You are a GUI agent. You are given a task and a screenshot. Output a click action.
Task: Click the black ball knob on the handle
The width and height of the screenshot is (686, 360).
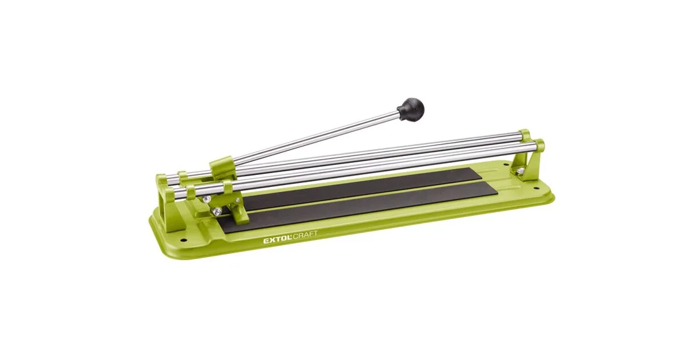tap(411, 109)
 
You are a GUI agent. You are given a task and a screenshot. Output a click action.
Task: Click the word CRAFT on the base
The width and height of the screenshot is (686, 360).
tap(305, 236)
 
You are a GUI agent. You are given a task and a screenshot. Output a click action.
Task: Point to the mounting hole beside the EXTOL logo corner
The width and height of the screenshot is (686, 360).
tap(183, 240)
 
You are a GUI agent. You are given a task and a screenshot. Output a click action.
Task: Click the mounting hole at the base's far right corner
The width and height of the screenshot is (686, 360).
tap(536, 189)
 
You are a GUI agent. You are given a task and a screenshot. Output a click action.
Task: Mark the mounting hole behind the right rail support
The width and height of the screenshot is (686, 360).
tap(506, 165)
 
